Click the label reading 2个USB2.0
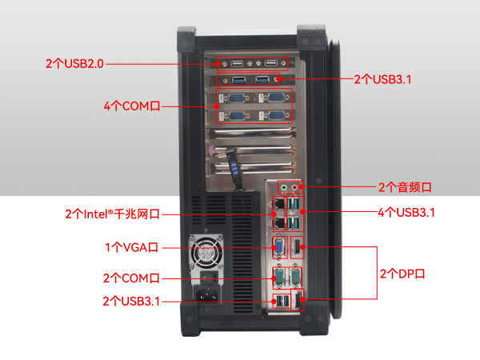tap(75, 62)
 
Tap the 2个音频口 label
tap(405, 187)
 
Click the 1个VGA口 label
tap(133, 248)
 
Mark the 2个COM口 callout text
tap(131, 278)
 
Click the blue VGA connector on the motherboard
tap(278, 246)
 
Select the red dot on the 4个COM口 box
tap(217, 105)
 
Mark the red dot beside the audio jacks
tap(306, 187)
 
